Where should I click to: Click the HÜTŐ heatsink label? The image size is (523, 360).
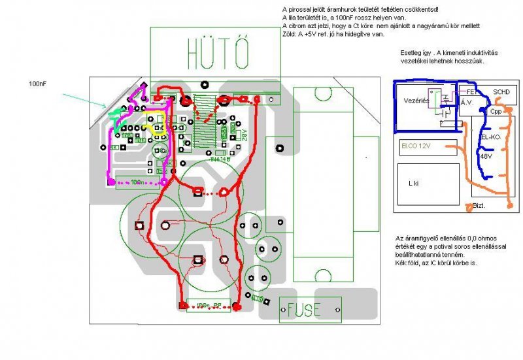coord(216,52)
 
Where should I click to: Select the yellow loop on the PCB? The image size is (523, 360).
coord(158,125)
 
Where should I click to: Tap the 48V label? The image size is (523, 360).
coord(486,157)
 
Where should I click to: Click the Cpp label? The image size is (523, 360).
coord(496,111)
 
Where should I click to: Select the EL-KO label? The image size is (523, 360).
coord(490,139)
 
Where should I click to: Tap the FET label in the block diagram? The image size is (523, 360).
coord(467,92)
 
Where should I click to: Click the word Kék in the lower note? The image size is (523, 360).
coord(402,261)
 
